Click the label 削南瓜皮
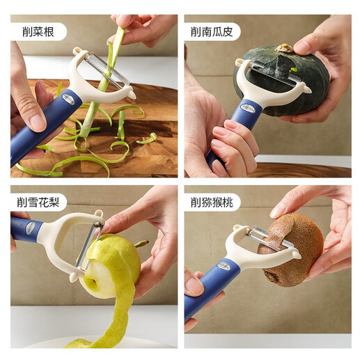tap(216, 31)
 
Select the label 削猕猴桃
tap(216, 203)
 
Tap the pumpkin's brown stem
tap(285, 49)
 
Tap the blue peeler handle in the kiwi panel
tap(205, 289)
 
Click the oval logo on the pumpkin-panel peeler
tap(247, 108)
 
